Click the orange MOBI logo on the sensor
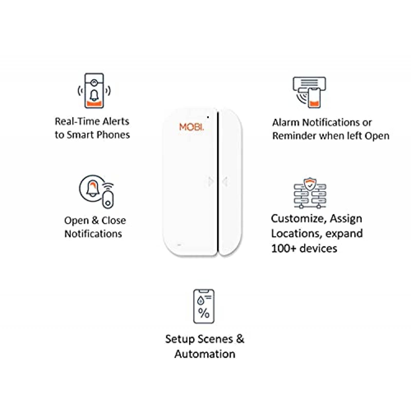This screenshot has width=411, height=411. [x=191, y=127]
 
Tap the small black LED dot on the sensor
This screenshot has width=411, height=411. [x=208, y=117]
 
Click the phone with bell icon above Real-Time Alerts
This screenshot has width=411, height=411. [x=94, y=91]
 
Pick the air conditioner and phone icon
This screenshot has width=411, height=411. [x=309, y=92]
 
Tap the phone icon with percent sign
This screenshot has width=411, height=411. [x=204, y=306]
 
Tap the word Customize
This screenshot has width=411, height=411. [x=299, y=219]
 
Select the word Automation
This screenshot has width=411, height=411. [x=205, y=354]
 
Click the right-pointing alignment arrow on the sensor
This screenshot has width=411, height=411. [x=211, y=182]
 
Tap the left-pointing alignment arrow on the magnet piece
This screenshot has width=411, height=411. [x=225, y=182]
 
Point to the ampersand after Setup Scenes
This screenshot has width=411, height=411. [x=240, y=339]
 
